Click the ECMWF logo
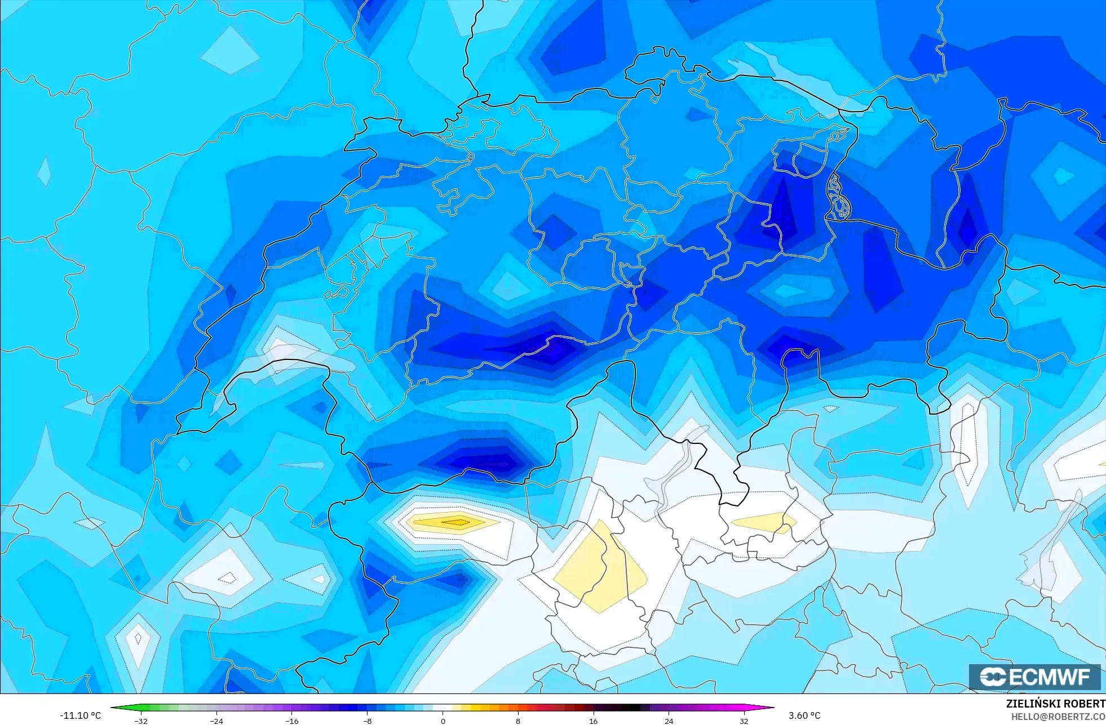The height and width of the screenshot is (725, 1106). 1034,677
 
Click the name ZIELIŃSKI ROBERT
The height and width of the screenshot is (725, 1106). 1055,704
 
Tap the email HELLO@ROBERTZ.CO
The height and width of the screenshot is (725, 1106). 1058,717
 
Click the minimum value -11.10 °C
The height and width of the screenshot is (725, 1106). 80,715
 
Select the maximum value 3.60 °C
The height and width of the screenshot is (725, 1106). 804,715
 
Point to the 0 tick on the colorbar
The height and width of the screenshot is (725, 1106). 443,721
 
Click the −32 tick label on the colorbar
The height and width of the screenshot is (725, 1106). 141,721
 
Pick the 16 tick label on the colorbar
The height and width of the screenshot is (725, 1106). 593,721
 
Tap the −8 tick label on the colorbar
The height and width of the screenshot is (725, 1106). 367,721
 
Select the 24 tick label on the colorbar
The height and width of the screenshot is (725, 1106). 669,721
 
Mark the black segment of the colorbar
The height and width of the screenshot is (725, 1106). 631,708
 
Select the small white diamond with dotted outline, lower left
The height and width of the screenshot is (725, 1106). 228,577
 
